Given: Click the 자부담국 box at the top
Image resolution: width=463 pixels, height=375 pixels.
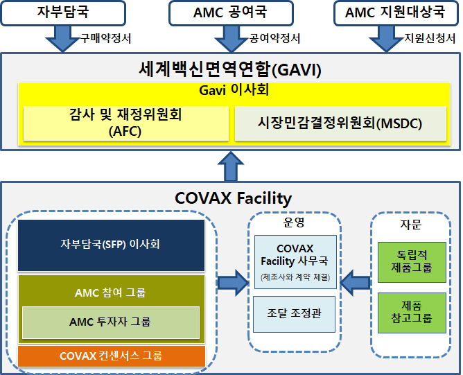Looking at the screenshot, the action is point(63,13).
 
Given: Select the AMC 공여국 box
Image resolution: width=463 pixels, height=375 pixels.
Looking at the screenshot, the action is point(231,13).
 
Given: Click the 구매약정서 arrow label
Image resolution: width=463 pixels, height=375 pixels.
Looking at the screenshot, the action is point(106,38).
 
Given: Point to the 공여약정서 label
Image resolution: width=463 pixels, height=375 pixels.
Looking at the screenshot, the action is point(274,38).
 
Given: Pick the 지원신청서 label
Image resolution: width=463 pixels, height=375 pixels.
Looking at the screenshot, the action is point(430,38).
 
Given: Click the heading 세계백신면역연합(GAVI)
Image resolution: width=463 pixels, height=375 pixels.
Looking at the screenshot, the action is point(230,70).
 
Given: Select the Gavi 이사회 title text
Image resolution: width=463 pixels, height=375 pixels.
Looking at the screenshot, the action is point(234,89).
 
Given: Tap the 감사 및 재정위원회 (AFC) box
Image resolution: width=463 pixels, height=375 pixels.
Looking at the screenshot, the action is point(126,123).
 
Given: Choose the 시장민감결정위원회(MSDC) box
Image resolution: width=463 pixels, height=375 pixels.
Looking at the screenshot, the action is point(340,123).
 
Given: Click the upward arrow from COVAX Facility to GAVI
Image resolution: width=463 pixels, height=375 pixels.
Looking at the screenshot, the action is point(231,166).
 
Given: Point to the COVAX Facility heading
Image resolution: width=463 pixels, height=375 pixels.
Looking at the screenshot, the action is point(234,198).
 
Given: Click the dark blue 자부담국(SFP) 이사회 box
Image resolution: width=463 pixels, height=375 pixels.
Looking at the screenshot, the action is point(111,245).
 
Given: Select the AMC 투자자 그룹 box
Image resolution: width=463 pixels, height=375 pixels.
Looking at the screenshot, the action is point(111,322).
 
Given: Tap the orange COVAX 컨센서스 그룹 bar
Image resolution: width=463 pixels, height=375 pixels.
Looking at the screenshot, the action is point(112,356).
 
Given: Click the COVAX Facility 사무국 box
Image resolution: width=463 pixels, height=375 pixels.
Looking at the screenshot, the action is point(295,262).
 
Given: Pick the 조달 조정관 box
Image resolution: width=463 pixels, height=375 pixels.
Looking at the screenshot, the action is point(294,314).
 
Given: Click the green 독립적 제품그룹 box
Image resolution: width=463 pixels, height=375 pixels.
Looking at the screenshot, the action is point(412,262).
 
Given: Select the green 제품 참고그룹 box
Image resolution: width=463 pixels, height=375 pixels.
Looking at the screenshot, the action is point(412,313).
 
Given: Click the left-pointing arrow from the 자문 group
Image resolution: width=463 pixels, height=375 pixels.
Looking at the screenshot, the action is point(355,283).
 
